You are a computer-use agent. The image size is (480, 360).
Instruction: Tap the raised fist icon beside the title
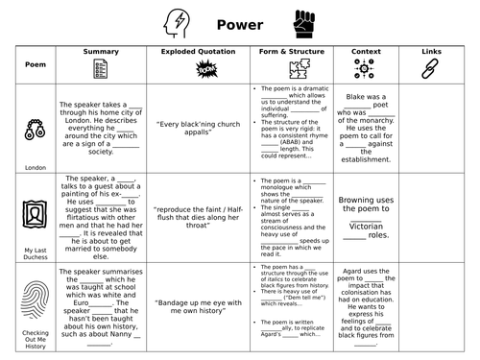tap(305, 22)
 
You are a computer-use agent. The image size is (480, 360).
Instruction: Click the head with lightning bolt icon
tap(177, 22)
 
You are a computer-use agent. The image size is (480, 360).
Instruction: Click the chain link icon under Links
tap(430, 68)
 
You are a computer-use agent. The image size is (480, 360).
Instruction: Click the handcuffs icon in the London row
tap(33, 128)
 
